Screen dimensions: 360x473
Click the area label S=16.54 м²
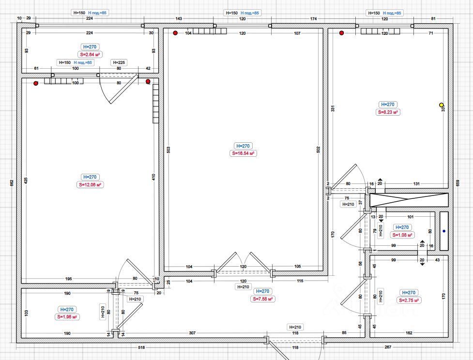(244, 153)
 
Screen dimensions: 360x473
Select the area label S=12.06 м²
(91, 185)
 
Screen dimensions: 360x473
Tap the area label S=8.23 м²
(388, 112)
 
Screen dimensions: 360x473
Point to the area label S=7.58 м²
(263, 299)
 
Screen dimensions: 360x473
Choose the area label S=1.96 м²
(67, 317)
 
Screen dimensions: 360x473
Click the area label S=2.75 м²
(408, 300)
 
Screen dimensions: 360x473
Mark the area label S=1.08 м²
(402, 235)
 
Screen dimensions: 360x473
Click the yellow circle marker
(441, 105)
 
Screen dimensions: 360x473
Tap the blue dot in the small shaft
(444, 231)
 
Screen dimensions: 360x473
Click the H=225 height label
(119, 62)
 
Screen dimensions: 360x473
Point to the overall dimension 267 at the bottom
(388, 347)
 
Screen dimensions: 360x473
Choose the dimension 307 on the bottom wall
(192, 333)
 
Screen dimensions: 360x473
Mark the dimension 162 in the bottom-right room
(409, 333)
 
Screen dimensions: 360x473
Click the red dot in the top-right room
(342, 33)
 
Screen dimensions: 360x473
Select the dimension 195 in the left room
(68, 279)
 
